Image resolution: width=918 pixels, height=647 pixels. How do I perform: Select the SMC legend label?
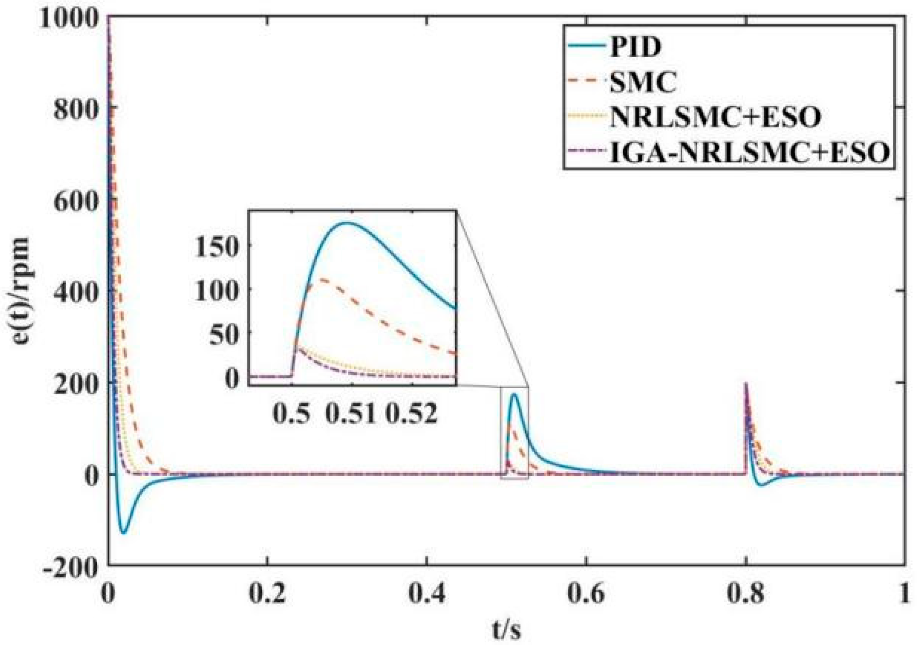643,81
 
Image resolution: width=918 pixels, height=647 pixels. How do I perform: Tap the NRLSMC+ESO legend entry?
715,117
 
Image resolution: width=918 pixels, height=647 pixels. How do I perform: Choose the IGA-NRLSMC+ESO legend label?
749,152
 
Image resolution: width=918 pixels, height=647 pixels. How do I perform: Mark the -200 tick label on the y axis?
70,567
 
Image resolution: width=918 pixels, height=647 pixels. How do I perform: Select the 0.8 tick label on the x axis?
745,593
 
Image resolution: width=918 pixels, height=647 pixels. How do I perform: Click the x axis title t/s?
506,629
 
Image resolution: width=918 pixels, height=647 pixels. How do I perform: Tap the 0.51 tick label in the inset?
350,413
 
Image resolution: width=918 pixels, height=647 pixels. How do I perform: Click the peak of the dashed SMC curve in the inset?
322,279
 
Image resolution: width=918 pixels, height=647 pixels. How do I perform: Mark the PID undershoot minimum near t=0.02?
123,532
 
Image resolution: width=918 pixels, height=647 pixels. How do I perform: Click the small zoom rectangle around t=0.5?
514,433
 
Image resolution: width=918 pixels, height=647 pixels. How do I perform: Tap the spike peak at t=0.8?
745,383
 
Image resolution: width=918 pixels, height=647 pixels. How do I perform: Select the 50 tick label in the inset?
224,335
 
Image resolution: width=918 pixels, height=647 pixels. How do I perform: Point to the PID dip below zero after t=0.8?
761,485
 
